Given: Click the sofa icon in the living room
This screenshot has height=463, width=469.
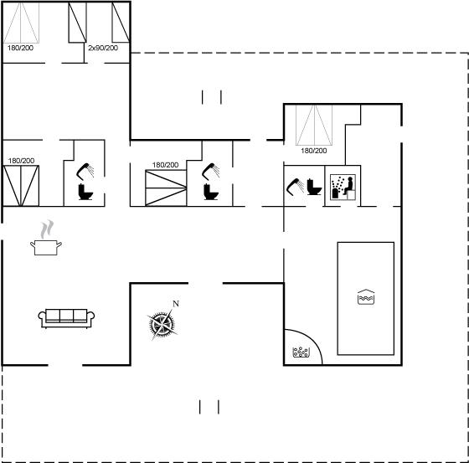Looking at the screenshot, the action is (66, 318).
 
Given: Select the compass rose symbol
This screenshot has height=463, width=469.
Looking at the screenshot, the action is (162, 325).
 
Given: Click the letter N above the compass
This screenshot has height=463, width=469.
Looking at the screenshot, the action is (176, 304).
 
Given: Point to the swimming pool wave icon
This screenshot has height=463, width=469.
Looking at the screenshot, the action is (366, 296).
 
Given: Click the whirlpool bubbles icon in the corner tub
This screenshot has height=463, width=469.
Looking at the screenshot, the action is (301, 352).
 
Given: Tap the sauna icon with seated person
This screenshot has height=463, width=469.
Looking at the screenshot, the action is (343, 187).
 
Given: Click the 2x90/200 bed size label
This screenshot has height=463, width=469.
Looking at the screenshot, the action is (103, 48).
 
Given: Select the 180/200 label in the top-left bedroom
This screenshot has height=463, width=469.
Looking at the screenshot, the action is (20, 48).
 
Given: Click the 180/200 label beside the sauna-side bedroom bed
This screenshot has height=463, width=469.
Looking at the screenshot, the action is (314, 151).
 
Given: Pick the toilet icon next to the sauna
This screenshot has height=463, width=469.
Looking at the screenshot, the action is (314, 187).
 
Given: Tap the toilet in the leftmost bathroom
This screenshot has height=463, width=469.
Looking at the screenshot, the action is (85, 192).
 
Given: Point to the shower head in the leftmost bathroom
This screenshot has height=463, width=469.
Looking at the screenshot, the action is (85, 172).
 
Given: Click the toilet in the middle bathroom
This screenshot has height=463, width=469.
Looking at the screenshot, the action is (211, 192).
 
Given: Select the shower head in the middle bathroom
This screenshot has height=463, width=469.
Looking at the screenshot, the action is (210, 172).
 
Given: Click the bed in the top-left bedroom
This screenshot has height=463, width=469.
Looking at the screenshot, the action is (21, 23).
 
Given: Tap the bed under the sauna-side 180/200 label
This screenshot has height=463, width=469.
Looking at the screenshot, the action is (314, 125).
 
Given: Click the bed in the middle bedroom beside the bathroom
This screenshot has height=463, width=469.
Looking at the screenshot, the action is (166, 188).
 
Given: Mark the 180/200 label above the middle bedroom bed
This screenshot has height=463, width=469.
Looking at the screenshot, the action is (166, 165).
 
